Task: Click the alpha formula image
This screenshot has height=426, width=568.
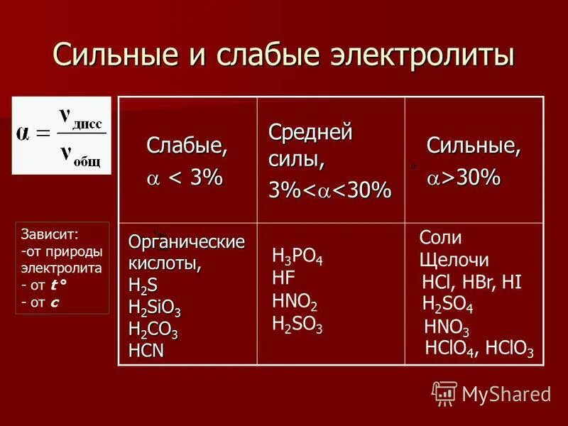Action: click(62, 135)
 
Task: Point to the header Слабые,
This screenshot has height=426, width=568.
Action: click(187, 146)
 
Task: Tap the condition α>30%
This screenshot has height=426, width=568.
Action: click(463, 178)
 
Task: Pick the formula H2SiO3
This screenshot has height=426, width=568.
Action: click(155, 309)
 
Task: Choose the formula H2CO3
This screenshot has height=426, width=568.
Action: click(153, 330)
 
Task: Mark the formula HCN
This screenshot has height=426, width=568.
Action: click(146, 350)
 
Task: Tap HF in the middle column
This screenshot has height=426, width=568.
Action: click(283, 278)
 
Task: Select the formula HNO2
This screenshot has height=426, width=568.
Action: click(295, 301)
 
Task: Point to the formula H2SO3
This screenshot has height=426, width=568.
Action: click(297, 324)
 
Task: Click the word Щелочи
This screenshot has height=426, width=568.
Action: click(454, 261)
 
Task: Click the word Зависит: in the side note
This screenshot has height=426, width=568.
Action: click(50, 233)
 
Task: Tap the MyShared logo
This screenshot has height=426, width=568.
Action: click(491, 393)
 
